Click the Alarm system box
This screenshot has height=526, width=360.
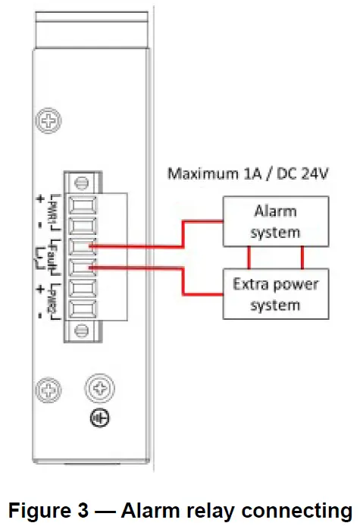(x=274, y=221)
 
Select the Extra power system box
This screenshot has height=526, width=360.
(x=274, y=294)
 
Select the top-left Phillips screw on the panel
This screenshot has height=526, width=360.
(x=49, y=120)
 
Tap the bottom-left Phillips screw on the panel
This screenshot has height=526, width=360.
(x=49, y=390)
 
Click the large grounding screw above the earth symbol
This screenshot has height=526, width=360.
(x=99, y=390)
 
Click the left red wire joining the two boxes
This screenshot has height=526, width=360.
(x=249, y=258)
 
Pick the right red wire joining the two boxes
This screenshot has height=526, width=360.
(x=302, y=258)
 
